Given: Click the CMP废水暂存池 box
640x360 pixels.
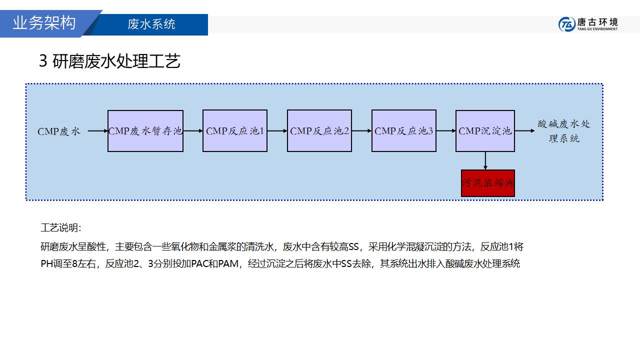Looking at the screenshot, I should click(145, 131).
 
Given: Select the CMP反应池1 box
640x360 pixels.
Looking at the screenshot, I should click(235, 131).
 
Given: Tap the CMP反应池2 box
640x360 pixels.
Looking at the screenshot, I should click(319, 131).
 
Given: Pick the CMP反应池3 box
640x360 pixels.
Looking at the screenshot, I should click(404, 131).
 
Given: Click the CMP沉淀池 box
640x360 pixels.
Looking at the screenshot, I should click(485, 131).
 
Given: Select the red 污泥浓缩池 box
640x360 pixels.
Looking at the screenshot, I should click(487, 183).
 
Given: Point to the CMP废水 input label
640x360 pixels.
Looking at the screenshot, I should click(58, 131).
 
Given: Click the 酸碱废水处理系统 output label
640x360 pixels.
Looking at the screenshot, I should click(563, 131).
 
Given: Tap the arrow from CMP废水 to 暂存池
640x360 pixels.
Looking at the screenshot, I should click(98, 131).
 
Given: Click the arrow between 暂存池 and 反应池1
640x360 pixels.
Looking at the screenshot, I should click(193, 131).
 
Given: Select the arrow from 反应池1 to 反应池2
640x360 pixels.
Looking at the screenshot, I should click(277, 131).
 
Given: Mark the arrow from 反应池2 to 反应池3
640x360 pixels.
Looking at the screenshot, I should click(362, 131).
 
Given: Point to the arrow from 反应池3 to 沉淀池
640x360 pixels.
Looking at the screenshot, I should click(446, 131).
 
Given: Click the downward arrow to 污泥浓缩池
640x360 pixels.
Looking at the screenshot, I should click(485, 160).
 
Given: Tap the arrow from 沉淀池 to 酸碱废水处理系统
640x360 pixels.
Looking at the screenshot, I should click(524, 131).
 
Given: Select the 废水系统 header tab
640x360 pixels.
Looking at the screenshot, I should click(151, 24).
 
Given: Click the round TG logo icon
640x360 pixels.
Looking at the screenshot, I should click(566, 24).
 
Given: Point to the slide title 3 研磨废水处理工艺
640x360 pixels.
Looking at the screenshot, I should click(109, 61).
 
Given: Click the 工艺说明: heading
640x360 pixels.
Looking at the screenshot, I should click(60, 228).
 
